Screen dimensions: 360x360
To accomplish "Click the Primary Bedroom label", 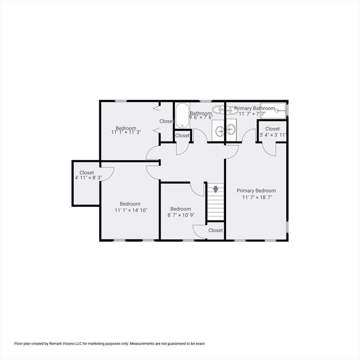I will [x=256, y=191].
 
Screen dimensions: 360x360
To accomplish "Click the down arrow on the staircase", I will [x=216, y=189].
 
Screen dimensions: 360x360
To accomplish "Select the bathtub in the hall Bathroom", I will [x=181, y=115].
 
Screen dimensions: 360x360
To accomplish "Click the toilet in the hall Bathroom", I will [x=217, y=110].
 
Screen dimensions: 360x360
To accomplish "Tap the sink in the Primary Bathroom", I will [x=231, y=129].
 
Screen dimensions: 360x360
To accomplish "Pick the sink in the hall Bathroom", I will [x=220, y=130].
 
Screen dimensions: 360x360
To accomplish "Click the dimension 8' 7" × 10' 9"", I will [x=180, y=216].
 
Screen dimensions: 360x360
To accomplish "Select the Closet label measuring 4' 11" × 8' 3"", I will [x=87, y=172].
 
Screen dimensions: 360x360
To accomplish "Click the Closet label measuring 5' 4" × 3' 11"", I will [x=272, y=128].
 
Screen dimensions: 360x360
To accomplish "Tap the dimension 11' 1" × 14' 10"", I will [x=130, y=210].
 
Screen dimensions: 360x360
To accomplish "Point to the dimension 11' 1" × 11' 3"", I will [x=126, y=132].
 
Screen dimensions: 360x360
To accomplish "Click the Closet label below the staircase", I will [x=216, y=230].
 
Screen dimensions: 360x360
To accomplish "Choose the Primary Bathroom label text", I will [x=255, y=108].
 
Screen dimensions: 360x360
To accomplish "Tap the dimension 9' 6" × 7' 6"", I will [x=201, y=117].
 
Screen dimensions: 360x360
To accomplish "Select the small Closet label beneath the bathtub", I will [x=182, y=135].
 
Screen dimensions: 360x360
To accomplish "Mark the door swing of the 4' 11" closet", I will [x=108, y=173].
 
